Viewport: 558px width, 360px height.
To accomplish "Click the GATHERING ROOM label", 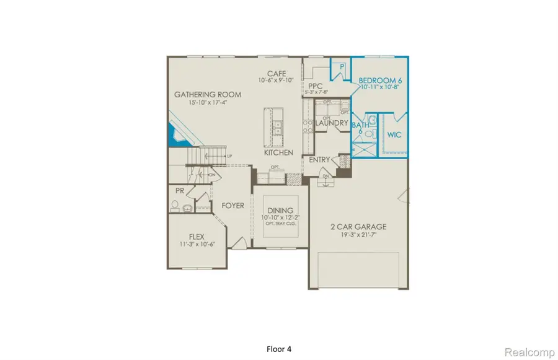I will (207, 95).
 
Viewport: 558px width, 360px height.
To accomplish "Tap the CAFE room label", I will (276, 72).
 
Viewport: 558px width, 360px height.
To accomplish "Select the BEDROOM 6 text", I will (381, 81).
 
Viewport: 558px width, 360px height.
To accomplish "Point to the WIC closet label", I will (394, 134).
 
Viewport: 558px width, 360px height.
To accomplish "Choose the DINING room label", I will (278, 211).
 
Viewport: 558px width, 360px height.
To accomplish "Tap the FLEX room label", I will (197, 236).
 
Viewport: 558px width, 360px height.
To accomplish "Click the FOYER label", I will (232, 206).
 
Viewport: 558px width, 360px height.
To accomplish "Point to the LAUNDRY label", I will (331, 123).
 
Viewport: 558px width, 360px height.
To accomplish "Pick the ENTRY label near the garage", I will (319, 160).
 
